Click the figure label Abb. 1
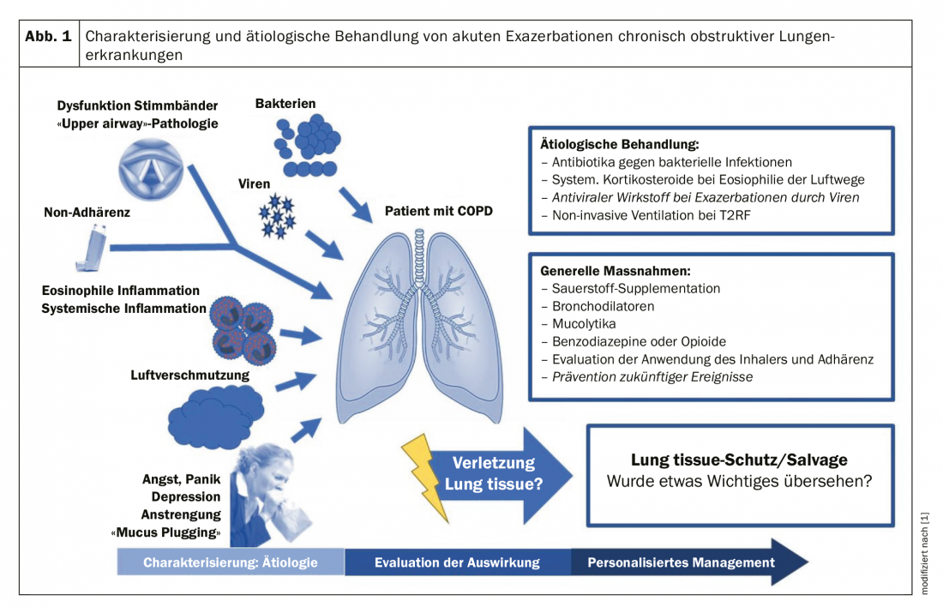tap(48, 39)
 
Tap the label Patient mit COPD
tap(439, 211)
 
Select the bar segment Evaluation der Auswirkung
tap(457, 563)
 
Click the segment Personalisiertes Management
tap(682, 563)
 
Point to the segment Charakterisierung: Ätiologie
tap(231, 563)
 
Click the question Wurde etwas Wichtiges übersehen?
tap(739, 482)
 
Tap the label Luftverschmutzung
tap(189, 375)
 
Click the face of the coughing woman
tap(279, 467)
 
